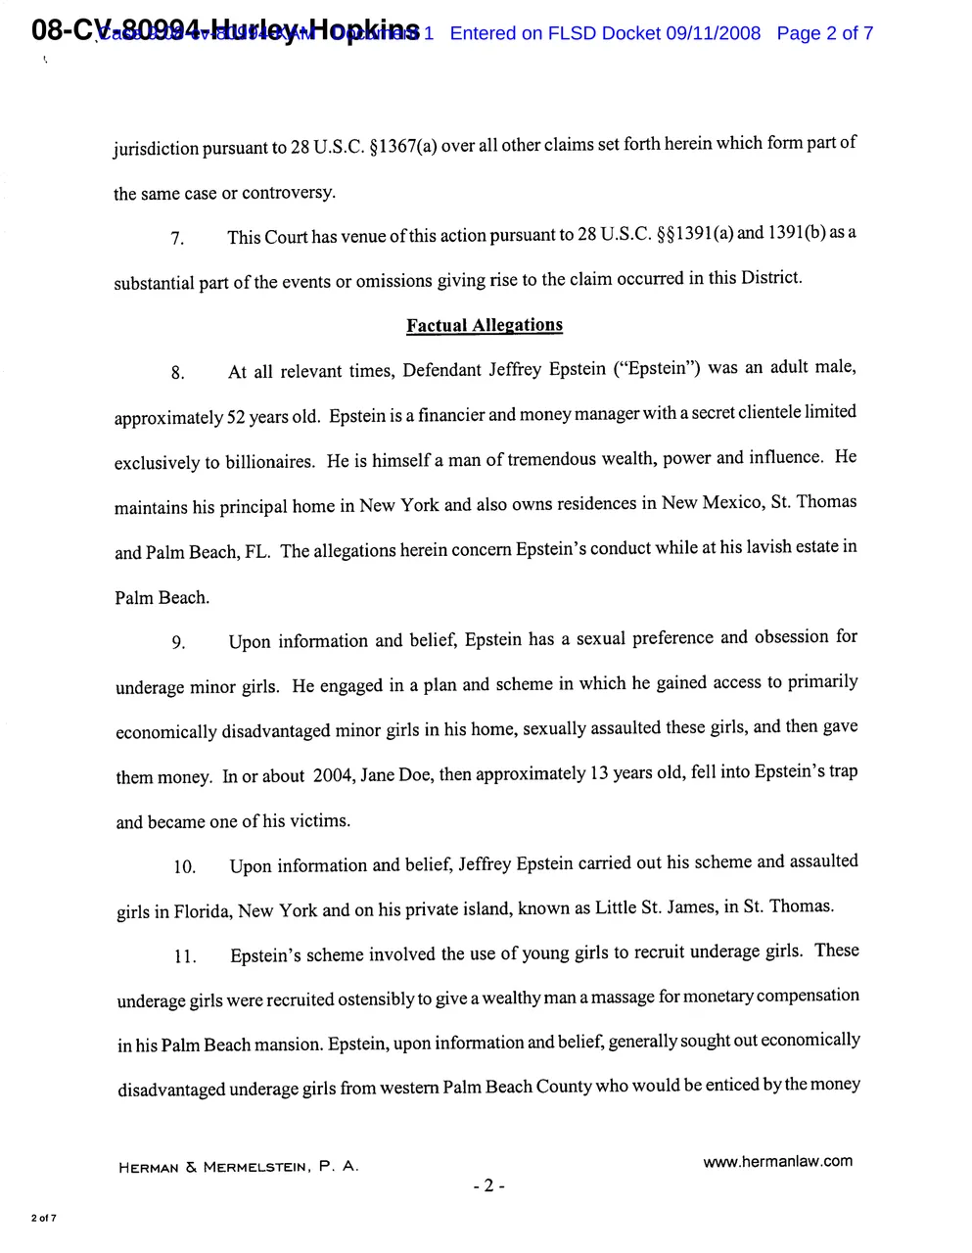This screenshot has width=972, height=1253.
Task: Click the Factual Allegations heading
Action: [485, 325]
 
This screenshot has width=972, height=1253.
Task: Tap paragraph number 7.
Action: [177, 239]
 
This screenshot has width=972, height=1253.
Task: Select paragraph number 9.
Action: [178, 642]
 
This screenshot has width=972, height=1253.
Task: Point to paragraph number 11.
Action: [185, 956]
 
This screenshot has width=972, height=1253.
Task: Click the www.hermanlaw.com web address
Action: [777, 1161]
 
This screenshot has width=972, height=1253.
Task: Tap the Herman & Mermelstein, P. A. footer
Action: [238, 1167]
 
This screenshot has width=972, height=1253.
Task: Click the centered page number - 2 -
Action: [488, 1186]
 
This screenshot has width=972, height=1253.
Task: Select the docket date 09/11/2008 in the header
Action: [713, 33]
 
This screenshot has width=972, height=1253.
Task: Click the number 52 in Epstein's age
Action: [236, 417]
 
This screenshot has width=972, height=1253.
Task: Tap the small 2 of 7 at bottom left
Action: [44, 1218]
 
